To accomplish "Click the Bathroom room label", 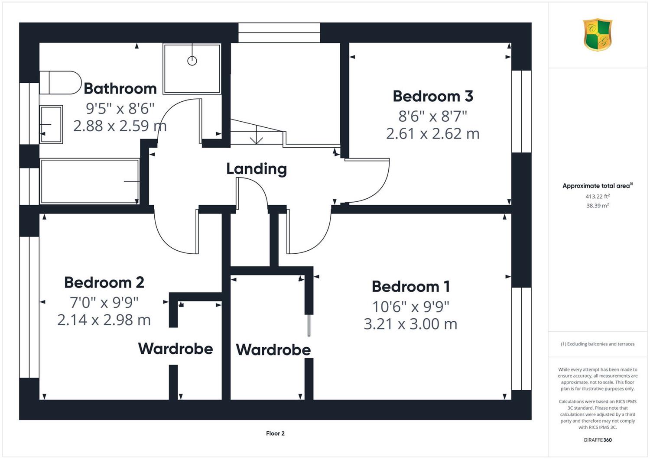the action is click(x=120, y=88).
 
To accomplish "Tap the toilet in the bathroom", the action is click(x=60, y=83).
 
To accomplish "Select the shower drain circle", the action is click(x=192, y=61).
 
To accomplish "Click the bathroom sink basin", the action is click(x=51, y=124).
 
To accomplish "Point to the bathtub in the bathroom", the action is click(x=89, y=181).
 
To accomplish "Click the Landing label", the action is click(x=257, y=169).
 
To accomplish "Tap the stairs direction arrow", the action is click(x=257, y=135).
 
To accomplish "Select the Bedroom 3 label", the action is click(x=433, y=96).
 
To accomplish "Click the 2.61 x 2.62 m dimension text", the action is click(x=432, y=134).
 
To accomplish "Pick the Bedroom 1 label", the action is click(x=411, y=287).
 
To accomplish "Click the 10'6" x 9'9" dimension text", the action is click(x=411, y=307).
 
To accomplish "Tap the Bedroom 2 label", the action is click(x=104, y=282).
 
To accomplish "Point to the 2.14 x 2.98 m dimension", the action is click(x=104, y=320).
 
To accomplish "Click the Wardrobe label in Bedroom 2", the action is click(x=175, y=349).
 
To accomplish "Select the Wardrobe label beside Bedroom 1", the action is click(x=273, y=350).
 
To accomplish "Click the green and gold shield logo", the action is click(x=598, y=35).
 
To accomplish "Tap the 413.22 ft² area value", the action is click(x=598, y=196).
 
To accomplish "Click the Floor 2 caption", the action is click(x=275, y=433).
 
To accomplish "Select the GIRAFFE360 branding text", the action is click(x=598, y=440).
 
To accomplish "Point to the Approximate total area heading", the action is click(x=598, y=186).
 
